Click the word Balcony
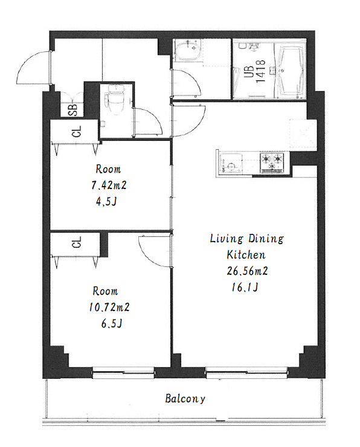point(185,399)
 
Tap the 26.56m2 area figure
point(247,271)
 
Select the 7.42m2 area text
point(109,185)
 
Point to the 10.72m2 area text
point(109,307)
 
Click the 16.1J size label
point(245,288)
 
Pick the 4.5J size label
point(107,202)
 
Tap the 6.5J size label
point(112,324)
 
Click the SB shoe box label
point(73,109)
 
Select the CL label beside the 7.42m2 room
point(77,132)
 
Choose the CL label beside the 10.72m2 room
point(77,242)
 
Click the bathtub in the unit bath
point(291,70)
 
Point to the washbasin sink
point(188,50)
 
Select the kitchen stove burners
point(272,163)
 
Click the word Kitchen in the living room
point(246,254)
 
